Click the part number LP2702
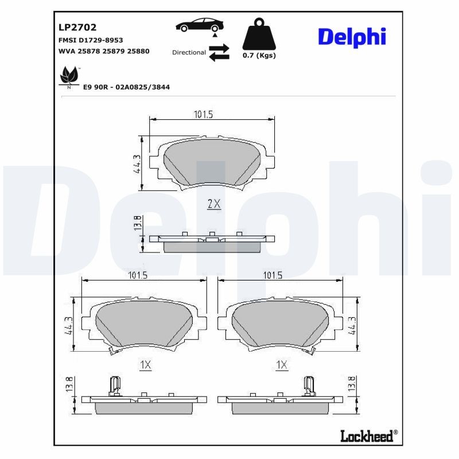pyautogui.click(x=77, y=27)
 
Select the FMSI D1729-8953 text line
pyautogui.click(x=91, y=40)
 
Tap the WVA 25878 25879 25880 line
pyautogui.click(x=104, y=51)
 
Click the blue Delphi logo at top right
pyautogui.click(x=352, y=37)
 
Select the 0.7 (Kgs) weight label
pyautogui.click(x=259, y=56)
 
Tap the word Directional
pyautogui.click(x=189, y=52)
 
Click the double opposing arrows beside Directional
pyautogui.click(x=219, y=52)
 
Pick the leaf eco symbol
pyautogui.click(x=69, y=76)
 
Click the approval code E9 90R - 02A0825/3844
pyautogui.click(x=127, y=87)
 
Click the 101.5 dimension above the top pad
pyautogui.click(x=203, y=115)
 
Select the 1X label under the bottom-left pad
pyautogui.click(x=145, y=364)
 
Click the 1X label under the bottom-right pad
pyautogui.click(x=281, y=364)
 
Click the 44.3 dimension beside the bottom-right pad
pyautogui.click(x=351, y=326)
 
